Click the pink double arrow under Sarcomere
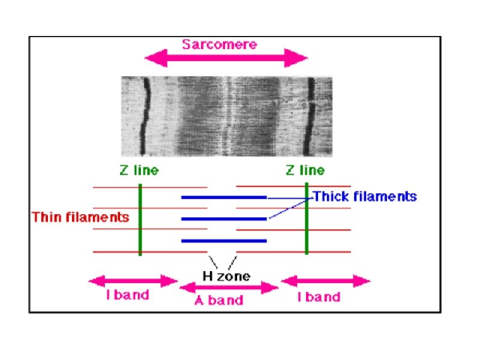(226, 59)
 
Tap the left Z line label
(139, 170)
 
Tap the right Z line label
(305, 170)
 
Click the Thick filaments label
(365, 196)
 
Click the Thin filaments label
(80, 217)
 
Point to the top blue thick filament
(224, 197)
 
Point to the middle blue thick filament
(224, 219)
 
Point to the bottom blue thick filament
(224, 241)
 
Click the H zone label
(226, 277)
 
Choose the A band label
(219, 300)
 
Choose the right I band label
(319, 296)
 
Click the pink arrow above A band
(229, 287)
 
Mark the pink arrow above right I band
(326, 281)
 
